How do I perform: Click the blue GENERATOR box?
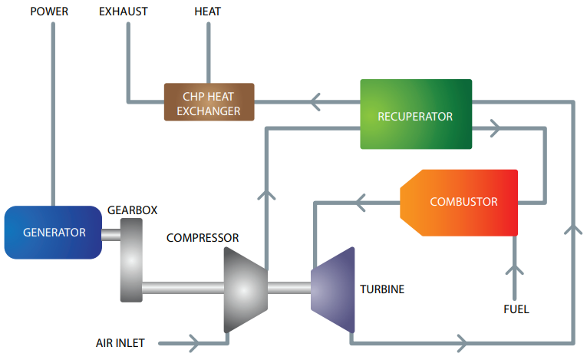click(54, 232)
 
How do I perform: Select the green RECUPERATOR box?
click(415, 114)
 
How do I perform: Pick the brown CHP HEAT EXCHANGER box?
click(209, 102)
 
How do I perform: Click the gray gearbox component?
click(131, 259)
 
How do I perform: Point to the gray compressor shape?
click(244, 289)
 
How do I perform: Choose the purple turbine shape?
click(333, 289)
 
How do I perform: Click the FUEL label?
click(516, 310)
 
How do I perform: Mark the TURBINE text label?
click(382, 289)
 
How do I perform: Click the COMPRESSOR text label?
click(203, 238)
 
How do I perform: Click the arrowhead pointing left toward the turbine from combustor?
click(361, 203)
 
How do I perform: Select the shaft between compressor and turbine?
click(288, 289)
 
